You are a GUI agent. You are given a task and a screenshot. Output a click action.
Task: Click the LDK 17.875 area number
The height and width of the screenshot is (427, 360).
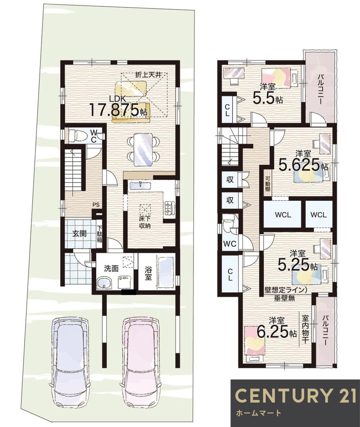[x=114, y=110]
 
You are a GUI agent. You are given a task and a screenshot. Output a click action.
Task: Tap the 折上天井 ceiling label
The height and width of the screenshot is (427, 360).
[x=148, y=74]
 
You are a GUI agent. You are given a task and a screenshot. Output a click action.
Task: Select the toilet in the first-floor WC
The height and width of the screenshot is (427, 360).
[x=76, y=135]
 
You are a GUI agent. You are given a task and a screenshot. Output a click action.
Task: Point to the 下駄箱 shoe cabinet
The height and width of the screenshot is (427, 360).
[x=100, y=234]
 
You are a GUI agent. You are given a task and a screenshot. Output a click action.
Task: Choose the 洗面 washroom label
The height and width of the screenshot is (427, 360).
[x=111, y=269]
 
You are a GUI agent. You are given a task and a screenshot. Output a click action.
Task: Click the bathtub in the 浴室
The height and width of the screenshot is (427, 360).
[x=166, y=272]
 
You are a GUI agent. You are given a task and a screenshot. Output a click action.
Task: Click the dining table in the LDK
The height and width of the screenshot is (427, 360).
[x=144, y=149]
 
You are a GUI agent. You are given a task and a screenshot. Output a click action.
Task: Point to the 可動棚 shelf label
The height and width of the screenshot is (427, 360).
[x=267, y=180]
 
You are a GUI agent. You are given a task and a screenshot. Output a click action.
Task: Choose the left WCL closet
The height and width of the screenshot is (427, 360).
[x=283, y=215]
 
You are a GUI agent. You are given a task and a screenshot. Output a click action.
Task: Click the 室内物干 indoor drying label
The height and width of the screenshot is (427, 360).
[x=305, y=329]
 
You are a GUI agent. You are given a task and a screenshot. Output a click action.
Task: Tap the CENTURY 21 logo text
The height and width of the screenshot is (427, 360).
[x=295, y=395]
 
